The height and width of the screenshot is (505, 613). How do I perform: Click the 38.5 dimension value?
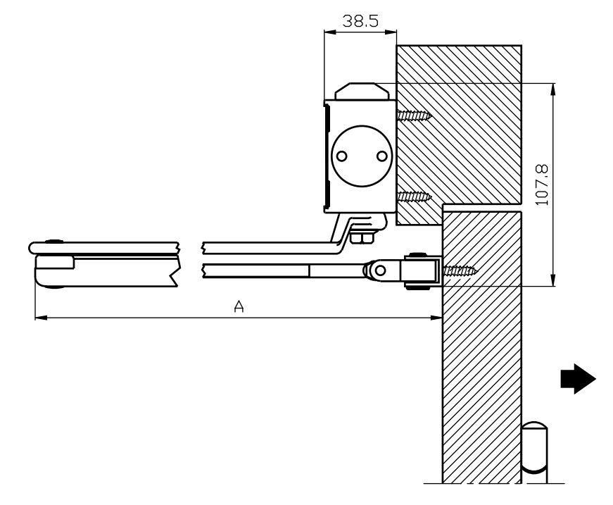coord(360,20)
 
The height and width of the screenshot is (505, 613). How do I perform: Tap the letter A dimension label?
coord(239,307)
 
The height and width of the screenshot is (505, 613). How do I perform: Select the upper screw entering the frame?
coord(414,114)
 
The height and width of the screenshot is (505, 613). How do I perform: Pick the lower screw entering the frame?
coord(414,198)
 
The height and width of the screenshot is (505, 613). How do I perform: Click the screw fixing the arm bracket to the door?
coord(461,269)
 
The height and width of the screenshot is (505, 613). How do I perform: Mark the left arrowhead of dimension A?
coord(39,318)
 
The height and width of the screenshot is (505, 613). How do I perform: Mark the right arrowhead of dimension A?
coord(437,318)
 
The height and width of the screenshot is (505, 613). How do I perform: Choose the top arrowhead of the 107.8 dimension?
coord(555,87)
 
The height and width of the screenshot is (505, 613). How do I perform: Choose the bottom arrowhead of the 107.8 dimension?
coord(555,282)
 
